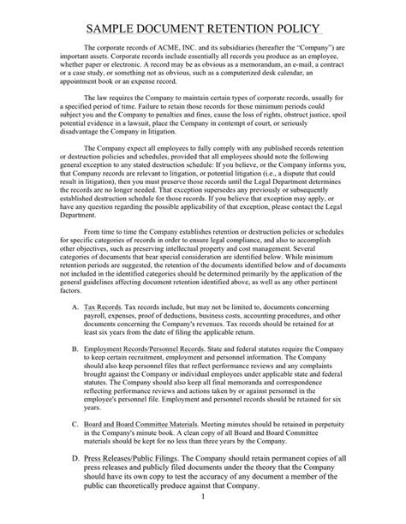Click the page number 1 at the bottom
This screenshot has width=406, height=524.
point(203,519)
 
